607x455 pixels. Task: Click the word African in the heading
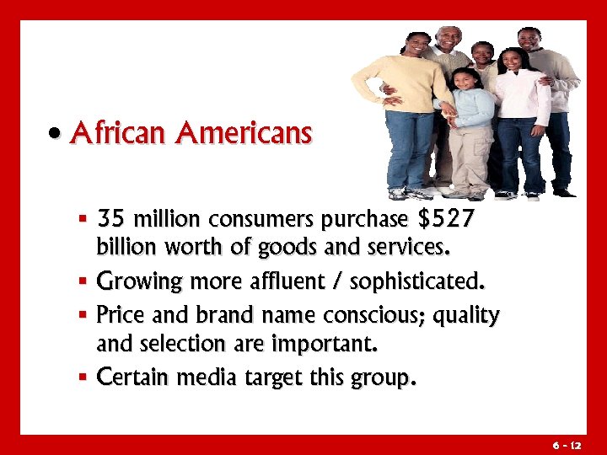coord(120,133)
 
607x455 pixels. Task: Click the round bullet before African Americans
coord(55,134)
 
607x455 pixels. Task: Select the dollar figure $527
coord(446,221)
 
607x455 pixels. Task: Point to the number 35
coord(110,221)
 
